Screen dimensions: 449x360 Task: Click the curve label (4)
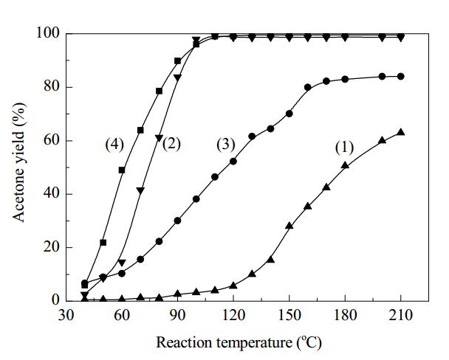(x=114, y=145)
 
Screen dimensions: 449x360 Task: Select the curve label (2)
(x=171, y=144)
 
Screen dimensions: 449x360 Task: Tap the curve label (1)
(x=344, y=148)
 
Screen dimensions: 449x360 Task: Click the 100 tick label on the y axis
(x=48, y=33)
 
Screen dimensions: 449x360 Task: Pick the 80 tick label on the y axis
(x=52, y=87)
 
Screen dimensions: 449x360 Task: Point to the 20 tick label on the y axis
(x=52, y=247)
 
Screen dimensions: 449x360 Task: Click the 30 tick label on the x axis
(x=66, y=316)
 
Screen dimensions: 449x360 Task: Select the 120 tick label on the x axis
(x=233, y=316)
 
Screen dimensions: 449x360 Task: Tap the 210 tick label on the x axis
(x=401, y=316)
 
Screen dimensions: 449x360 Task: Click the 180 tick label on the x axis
(x=345, y=316)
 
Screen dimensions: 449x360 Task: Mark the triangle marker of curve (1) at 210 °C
(x=401, y=132)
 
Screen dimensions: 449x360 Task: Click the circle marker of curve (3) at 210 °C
(x=401, y=76)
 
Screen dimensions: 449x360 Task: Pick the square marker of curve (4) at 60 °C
(x=122, y=170)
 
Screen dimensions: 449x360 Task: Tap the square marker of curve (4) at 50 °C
(x=103, y=243)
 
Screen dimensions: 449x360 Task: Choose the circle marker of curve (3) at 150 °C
(x=289, y=114)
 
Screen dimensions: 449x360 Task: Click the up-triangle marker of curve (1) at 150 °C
(x=289, y=226)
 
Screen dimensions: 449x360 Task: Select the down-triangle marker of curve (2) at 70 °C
(x=140, y=191)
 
